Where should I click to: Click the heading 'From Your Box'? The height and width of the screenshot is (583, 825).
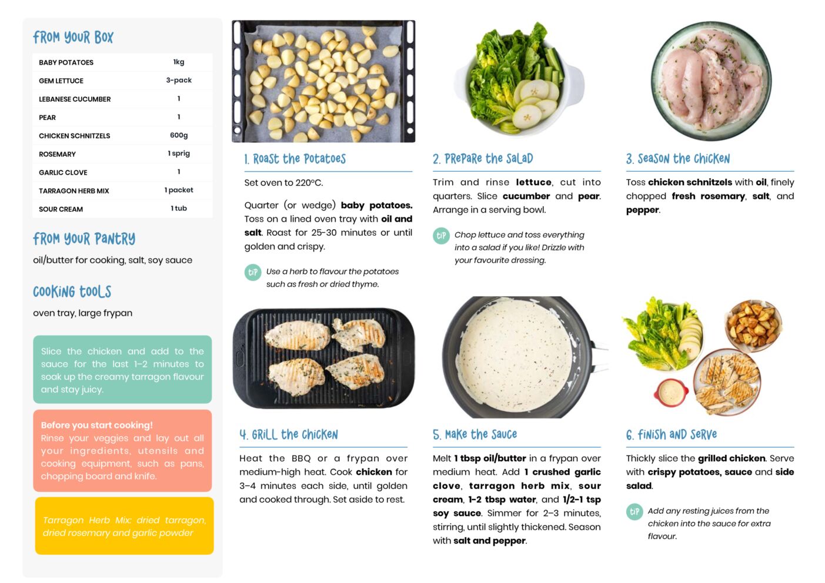point(73,37)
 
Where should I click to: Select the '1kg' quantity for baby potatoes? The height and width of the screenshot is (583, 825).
point(179,62)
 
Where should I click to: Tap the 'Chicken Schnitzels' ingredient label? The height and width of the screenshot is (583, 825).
point(75,136)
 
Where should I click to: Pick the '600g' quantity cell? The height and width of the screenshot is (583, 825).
point(179,135)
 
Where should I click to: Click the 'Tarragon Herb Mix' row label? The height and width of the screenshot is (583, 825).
point(74,190)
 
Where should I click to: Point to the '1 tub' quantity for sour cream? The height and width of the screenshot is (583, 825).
point(179,208)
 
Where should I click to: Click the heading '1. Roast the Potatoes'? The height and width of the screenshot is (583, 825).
point(295,159)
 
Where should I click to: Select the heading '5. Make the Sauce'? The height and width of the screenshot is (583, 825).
point(475,434)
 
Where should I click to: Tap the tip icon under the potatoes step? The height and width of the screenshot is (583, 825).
point(253,272)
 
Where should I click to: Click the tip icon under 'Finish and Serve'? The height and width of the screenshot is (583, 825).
point(634,512)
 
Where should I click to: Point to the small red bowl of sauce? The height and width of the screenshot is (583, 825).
point(671,393)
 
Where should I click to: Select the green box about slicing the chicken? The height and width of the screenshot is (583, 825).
point(122,370)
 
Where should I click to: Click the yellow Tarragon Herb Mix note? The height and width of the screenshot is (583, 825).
point(124,526)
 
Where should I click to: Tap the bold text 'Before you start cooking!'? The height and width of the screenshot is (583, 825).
point(96,425)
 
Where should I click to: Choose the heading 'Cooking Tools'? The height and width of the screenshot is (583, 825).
point(72,291)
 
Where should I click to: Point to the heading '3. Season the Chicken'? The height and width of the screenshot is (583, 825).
point(677,159)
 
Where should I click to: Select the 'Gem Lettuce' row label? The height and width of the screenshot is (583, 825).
point(61,81)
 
